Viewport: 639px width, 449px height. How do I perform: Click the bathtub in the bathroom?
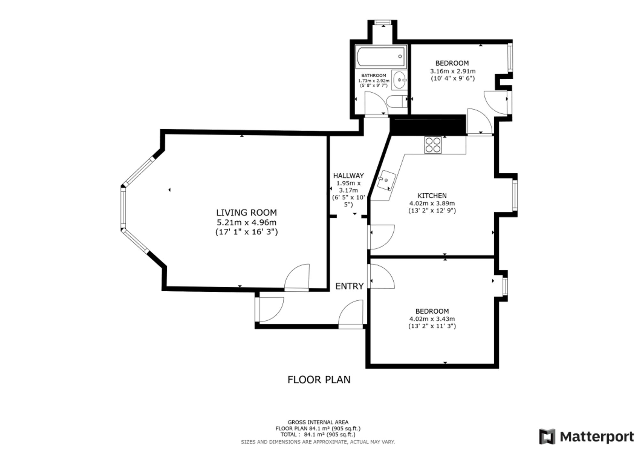point(381,57)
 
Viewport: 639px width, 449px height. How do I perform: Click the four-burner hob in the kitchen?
point(433,145)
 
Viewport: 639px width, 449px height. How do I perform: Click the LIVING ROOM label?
point(246,212)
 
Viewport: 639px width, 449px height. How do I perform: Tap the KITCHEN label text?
point(432,196)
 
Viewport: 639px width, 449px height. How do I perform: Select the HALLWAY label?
point(348,176)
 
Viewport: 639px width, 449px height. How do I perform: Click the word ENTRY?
point(350,286)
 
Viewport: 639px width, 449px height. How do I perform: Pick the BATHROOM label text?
point(373,75)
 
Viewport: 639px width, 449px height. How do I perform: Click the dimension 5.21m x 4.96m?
point(246,222)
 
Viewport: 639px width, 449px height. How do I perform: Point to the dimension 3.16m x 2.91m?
point(453,71)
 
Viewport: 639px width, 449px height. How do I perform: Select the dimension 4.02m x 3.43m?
point(432,319)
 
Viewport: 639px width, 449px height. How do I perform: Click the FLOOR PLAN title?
point(319,380)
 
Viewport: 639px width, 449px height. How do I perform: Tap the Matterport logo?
point(587,437)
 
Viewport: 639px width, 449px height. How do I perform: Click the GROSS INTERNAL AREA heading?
point(318,422)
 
